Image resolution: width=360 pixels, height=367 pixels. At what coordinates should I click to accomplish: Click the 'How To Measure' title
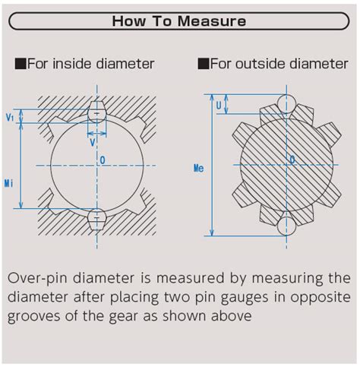tap(179, 21)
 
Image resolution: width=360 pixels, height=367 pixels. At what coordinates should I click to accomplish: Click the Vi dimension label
tap(9, 118)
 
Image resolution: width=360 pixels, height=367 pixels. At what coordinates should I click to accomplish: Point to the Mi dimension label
tap(8, 183)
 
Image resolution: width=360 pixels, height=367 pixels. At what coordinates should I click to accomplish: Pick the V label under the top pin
tap(92, 142)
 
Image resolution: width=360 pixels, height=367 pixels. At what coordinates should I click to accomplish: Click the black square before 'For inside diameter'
tap(20, 64)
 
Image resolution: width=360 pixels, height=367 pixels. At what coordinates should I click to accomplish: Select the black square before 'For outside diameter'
tap(203, 64)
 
